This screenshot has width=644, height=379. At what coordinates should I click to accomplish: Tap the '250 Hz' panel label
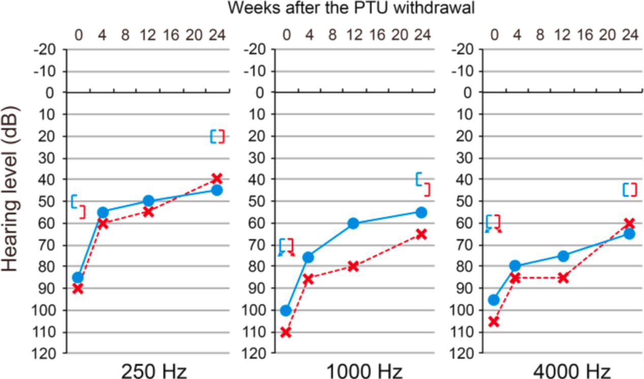pos(154,371)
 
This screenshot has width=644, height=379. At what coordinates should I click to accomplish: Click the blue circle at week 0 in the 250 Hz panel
pos(78,277)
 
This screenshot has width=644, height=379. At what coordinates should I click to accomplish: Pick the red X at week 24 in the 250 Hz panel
pos(217,178)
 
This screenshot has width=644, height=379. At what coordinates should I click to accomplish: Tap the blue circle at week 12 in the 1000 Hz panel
pos(353,223)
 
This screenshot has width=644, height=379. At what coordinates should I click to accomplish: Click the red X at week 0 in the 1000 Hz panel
pos(286,332)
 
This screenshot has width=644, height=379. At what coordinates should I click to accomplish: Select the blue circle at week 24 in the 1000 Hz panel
pos(421,212)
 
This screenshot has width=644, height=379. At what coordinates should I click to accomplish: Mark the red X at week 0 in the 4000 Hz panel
pos(494,322)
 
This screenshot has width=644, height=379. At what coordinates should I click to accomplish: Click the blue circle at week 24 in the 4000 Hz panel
pos(629,234)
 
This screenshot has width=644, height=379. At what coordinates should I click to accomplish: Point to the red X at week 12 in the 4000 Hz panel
pos(563,278)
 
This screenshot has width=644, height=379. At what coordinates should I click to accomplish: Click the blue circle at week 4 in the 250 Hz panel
pos(103,212)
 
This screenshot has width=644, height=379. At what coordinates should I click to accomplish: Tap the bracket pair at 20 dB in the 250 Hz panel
pos(217,136)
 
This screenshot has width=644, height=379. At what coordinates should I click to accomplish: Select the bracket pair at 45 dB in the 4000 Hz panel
pos(630,189)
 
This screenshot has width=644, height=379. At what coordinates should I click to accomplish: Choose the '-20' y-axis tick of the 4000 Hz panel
pos(462,49)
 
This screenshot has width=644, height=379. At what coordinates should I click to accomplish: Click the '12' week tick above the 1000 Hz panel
pos(353,35)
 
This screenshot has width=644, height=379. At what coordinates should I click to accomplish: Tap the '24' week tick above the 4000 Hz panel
pos(630,35)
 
